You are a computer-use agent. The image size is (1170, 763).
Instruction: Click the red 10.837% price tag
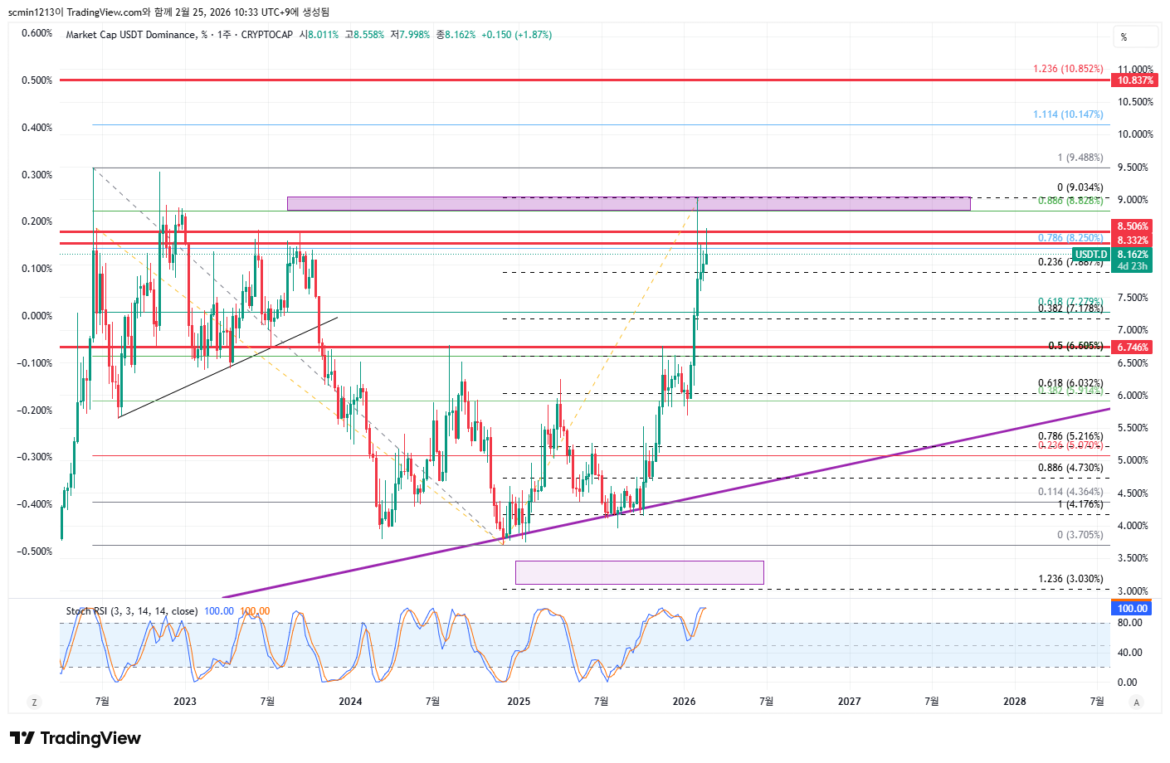[1134, 80]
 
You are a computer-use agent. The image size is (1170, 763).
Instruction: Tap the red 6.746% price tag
[1133, 347]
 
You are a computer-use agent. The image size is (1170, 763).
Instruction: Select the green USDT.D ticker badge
[1090, 255]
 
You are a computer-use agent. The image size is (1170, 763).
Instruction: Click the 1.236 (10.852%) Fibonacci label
[1068, 69]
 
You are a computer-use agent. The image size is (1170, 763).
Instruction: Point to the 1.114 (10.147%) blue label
[1068, 114]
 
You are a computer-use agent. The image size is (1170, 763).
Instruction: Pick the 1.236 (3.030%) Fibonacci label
[1070, 579]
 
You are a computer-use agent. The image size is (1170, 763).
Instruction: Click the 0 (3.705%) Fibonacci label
[1080, 535]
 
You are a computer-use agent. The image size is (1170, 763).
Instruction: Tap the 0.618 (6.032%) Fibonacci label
[1070, 384]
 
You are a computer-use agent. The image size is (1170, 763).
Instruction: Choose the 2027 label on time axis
[849, 702]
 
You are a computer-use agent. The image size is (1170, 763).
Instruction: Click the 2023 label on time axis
[184, 702]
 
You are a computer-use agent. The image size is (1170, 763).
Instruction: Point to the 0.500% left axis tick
[37, 80]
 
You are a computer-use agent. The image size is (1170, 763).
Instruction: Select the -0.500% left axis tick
[35, 552]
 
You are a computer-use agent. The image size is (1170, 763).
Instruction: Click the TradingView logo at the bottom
[76, 738]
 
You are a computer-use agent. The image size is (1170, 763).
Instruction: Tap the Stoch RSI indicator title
[132, 611]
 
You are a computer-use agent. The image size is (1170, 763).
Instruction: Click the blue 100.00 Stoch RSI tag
[1132, 609]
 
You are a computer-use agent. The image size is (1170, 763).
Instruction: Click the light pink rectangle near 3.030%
[639, 572]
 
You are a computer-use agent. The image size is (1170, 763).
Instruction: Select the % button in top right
[1134, 37]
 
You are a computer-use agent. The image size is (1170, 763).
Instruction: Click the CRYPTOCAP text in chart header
[266, 35]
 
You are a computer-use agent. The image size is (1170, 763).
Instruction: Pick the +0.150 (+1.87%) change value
[516, 35]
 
